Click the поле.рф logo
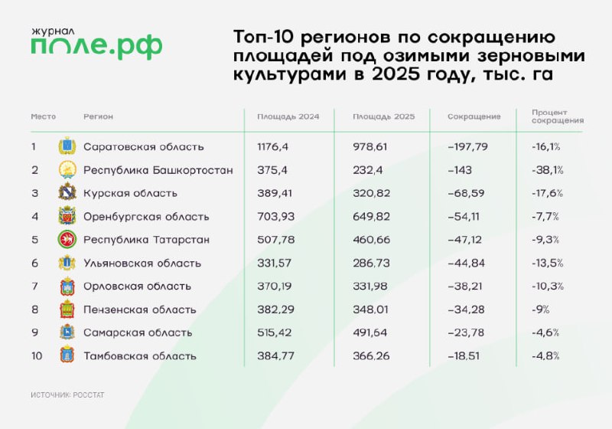96,44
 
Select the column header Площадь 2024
288,116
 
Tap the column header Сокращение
474,116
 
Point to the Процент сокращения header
558,116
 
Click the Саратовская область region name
144,147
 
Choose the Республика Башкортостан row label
158,170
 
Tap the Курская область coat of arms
67,192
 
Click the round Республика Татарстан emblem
67,239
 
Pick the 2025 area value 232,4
368,170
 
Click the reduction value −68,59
466,193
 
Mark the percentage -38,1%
547,170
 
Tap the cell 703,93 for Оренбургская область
275,217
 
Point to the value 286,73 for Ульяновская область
371,263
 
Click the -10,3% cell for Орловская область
548,286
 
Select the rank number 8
34,309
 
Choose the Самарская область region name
138,332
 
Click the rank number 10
37,356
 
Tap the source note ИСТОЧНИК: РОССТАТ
67,395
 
